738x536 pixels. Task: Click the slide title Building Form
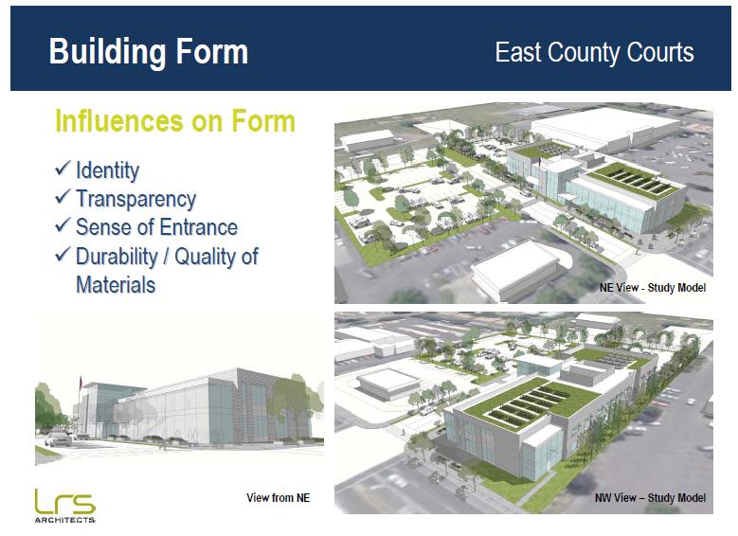coord(148,52)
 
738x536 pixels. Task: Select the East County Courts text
coord(594,52)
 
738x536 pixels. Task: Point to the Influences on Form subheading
coord(175,121)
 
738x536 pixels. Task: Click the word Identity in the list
coord(107,170)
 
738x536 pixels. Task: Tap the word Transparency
coord(135,200)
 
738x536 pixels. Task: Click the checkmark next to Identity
coord(63,168)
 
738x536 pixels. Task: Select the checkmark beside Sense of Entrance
coord(63,225)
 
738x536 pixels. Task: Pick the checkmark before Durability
coord(63,254)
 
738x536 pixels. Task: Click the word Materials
coord(116,285)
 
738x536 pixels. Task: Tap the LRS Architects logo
coord(65,506)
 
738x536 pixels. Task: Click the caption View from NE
coord(279,498)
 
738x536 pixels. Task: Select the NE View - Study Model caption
coord(653,288)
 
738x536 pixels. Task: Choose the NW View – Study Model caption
coord(650,498)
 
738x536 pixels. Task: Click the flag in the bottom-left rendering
coord(81,383)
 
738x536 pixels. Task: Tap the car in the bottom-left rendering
coord(59,439)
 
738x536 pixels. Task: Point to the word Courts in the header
coord(660,52)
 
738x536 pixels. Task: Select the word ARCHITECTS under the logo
coord(65,520)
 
